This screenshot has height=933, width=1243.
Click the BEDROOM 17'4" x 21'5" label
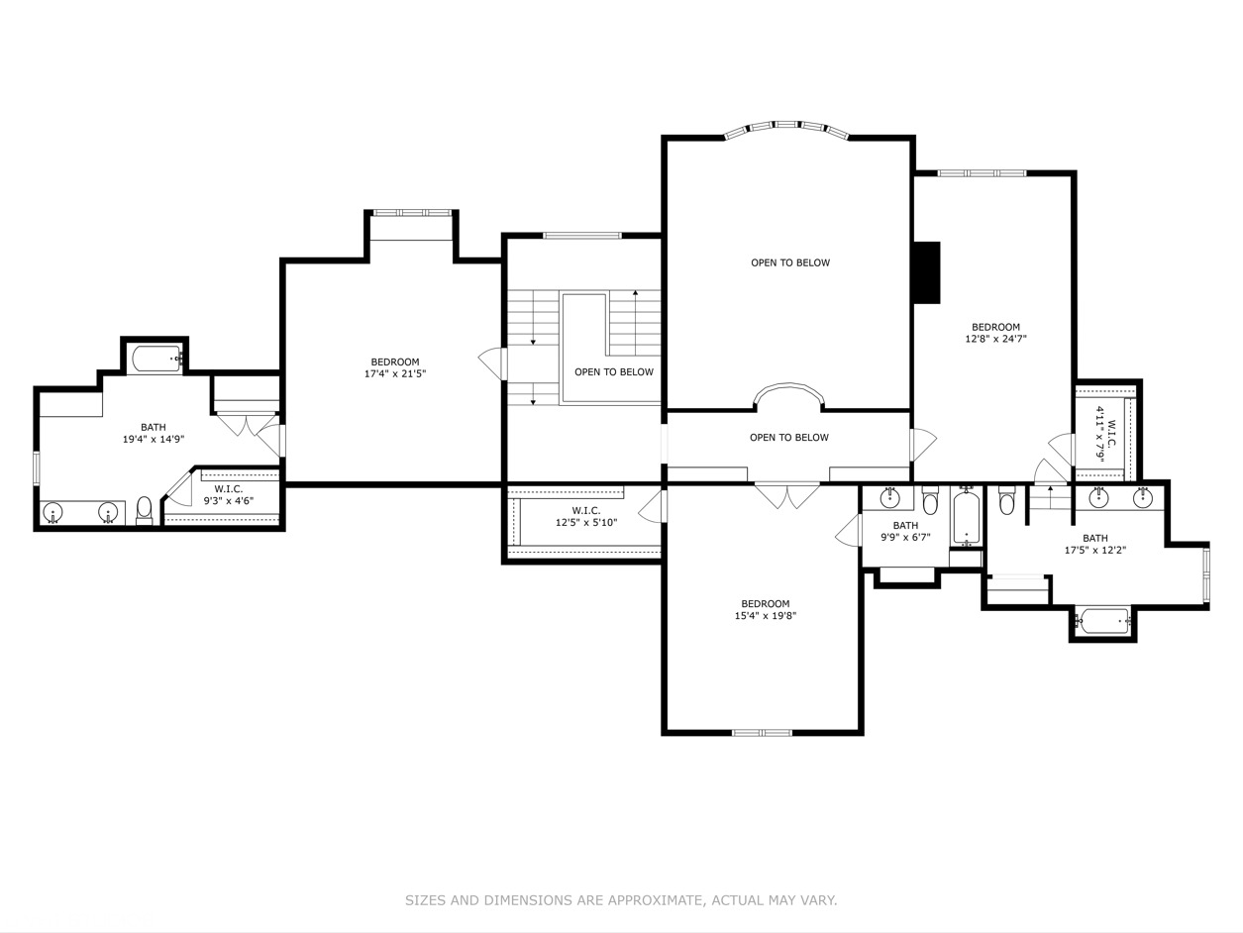click(395, 368)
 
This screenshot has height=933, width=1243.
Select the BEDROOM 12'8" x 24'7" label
click(995, 333)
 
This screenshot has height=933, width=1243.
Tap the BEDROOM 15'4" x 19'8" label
click(766, 610)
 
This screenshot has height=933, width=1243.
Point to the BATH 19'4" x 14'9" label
click(154, 433)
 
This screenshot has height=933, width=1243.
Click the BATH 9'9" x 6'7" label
click(905, 532)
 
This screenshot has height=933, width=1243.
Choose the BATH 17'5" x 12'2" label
click(1095, 544)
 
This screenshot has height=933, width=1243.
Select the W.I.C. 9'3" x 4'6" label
click(229, 495)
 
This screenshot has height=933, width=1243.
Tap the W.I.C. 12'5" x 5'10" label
click(585, 516)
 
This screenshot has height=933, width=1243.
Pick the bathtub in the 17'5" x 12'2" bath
click(1102, 622)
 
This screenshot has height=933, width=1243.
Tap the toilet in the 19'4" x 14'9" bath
click(145, 509)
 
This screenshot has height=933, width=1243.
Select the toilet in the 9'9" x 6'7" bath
click(930, 502)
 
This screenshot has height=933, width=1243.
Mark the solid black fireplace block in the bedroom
click(926, 272)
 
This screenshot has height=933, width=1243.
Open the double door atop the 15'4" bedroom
click(787, 494)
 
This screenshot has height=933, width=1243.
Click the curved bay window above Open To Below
click(787, 127)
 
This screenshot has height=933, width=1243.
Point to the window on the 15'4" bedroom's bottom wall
click(762, 733)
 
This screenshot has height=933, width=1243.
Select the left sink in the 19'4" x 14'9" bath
click(53, 512)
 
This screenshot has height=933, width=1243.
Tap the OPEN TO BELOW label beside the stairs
click(614, 372)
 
